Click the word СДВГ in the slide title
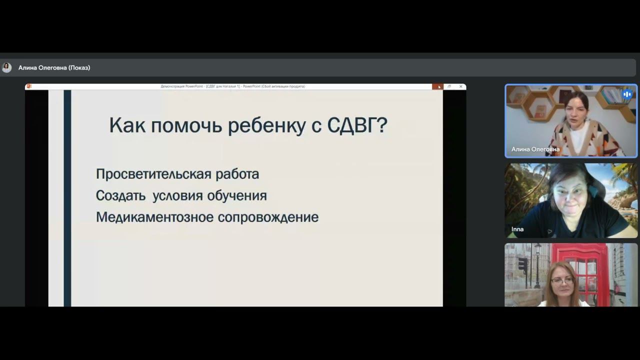click(x=356, y=125)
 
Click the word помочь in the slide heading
click(x=186, y=125)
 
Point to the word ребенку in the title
click(x=267, y=125)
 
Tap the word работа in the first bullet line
click(x=237, y=174)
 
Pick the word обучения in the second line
click(x=237, y=195)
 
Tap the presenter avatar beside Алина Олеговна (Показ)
click(x=6, y=67)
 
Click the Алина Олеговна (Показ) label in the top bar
click(x=54, y=67)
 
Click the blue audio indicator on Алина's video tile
click(x=627, y=94)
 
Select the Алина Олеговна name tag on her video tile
click(x=535, y=149)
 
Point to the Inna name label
click(x=517, y=229)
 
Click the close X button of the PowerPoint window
click(x=460, y=86)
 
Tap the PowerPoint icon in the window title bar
click(x=29, y=86)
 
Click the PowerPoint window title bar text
click(x=232, y=86)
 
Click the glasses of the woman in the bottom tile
click(x=563, y=281)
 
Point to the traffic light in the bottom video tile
click(x=521, y=264)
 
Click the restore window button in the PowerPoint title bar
click(x=449, y=86)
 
